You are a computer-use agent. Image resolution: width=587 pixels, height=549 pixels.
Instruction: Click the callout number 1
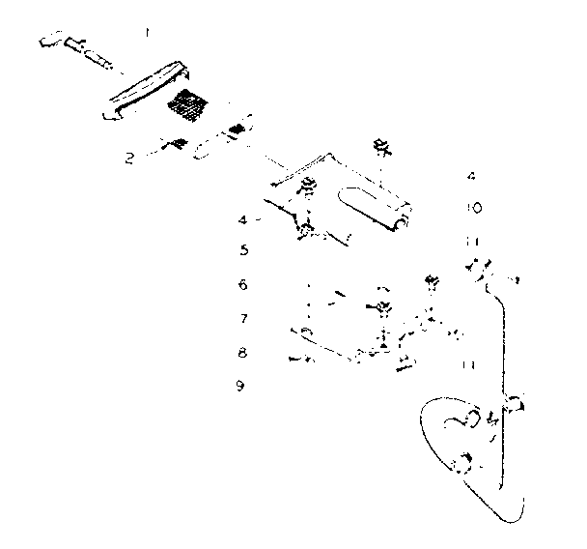click(147, 32)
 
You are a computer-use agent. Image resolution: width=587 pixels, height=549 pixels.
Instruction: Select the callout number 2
click(129, 158)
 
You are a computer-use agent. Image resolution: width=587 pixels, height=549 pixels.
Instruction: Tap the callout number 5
click(244, 249)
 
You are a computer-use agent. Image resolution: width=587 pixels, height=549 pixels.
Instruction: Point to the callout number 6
click(243, 284)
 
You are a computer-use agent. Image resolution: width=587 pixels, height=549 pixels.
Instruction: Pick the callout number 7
click(244, 318)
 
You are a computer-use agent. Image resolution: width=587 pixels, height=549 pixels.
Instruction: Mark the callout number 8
click(243, 353)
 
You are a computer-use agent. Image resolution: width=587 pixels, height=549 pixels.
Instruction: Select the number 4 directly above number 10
click(470, 177)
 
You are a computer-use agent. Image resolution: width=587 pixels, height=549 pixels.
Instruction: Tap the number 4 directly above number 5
click(243, 219)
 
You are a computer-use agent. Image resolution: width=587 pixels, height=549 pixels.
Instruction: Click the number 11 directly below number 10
click(470, 240)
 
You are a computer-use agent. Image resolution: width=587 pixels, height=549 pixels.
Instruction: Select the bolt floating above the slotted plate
click(379, 148)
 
